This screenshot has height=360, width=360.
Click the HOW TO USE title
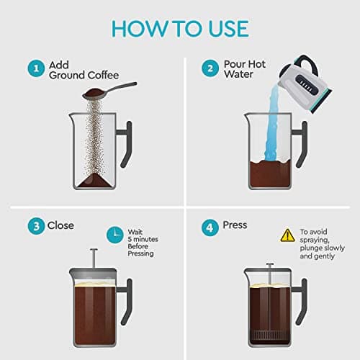point(179,28)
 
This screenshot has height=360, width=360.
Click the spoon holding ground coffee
point(108,90)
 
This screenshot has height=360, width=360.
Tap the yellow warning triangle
point(287,234)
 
